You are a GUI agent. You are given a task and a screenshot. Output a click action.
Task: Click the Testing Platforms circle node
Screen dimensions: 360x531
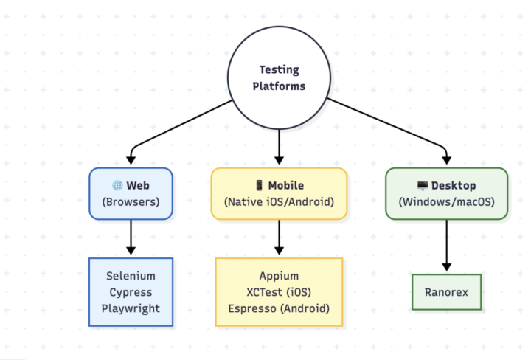(278, 77)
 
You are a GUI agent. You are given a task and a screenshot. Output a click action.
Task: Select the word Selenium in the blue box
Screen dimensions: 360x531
(131, 276)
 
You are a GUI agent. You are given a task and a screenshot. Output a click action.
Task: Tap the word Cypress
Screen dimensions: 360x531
(131, 292)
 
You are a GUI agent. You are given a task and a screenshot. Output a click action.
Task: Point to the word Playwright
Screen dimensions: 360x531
(131, 308)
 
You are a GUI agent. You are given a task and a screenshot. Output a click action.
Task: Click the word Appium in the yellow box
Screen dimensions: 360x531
(279, 276)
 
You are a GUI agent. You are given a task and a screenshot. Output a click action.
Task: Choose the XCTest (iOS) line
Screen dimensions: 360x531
(279, 292)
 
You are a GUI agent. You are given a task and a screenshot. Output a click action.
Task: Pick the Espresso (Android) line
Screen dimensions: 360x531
(279, 308)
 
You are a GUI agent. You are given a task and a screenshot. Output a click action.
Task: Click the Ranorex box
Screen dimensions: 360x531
(445, 292)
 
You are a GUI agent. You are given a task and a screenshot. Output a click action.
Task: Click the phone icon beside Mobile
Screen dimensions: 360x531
(259, 186)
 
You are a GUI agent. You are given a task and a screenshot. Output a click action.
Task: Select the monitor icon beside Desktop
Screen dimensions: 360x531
(423, 186)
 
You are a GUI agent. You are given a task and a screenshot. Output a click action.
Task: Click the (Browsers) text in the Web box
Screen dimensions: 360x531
(131, 201)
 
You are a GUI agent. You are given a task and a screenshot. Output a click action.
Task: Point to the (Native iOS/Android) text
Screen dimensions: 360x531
(279, 201)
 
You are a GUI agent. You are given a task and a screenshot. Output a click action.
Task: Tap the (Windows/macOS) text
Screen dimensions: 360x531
(446, 201)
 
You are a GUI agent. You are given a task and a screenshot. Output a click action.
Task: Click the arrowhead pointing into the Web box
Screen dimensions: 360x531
(131, 158)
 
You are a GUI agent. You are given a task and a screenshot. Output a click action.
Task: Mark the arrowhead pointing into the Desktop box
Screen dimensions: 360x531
(446, 158)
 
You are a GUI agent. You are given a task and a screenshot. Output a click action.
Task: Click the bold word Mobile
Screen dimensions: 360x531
(287, 186)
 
